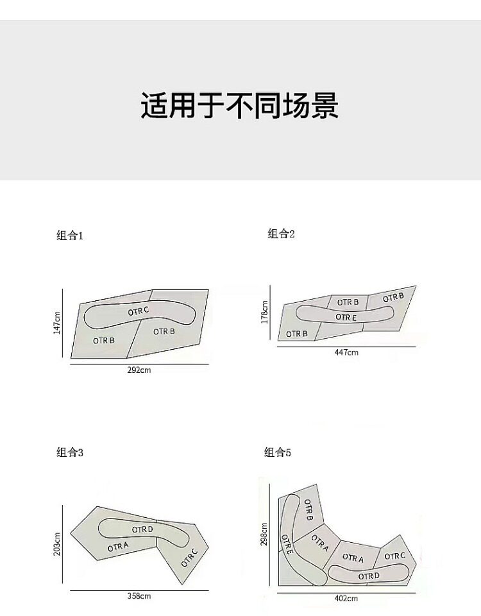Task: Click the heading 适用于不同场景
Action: (x=239, y=106)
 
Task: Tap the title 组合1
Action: (x=70, y=235)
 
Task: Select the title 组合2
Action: (x=281, y=234)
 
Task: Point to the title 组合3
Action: (x=70, y=453)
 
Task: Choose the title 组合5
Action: (x=278, y=453)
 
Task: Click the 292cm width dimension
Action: (x=139, y=370)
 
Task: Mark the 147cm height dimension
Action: (x=57, y=323)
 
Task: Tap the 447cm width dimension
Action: (x=346, y=352)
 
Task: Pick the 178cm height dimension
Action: (x=265, y=312)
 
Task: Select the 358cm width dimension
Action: (x=139, y=596)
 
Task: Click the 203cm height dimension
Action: (x=57, y=543)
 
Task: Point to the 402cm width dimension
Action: (x=346, y=598)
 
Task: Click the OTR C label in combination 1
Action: (x=138, y=311)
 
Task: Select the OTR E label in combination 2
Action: (x=346, y=317)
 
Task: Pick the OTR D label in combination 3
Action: (x=142, y=529)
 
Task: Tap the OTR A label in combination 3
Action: (x=118, y=547)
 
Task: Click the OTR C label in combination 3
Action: (x=189, y=556)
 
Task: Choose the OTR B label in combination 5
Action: (x=308, y=509)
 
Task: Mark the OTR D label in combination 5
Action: (x=369, y=576)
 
